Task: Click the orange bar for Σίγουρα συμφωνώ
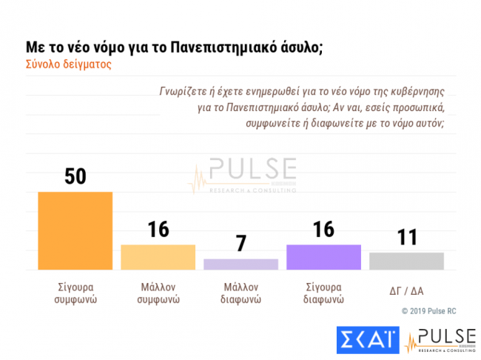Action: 75,230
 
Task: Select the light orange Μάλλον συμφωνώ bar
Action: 158,257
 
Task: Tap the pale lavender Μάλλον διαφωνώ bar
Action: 240,264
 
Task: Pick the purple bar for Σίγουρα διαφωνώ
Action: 323,257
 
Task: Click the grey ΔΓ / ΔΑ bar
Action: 406,261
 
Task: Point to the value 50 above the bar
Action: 75,178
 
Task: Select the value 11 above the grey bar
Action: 406,238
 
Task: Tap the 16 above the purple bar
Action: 323,230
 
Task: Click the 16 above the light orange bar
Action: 158,230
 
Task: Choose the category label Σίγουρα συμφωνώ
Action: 75,293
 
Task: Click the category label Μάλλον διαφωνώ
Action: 240,293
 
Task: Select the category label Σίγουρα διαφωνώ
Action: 323,293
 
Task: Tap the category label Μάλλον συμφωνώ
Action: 158,293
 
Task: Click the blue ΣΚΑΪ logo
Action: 368,341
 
